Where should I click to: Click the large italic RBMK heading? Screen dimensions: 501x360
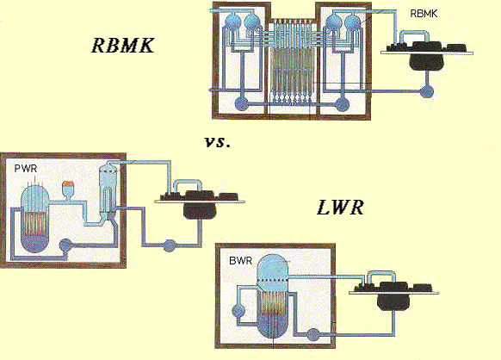pyautogui.click(x=123, y=45)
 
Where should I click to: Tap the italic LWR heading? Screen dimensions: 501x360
pyautogui.click(x=340, y=208)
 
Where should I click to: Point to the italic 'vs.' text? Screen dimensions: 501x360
pyautogui.click(x=217, y=141)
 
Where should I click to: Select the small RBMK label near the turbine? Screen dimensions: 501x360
pyautogui.click(x=424, y=14)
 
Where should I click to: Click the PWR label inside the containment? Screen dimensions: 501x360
pyautogui.click(x=26, y=169)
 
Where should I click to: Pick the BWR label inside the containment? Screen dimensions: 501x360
pyautogui.click(x=240, y=261)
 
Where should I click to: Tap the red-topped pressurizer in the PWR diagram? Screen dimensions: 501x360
pyautogui.click(x=68, y=189)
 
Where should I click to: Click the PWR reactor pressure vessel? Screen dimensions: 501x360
pyautogui.click(x=34, y=220)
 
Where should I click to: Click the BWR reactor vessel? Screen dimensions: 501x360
pyautogui.click(x=273, y=296)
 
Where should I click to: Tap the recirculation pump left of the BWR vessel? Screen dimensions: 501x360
pyautogui.click(x=238, y=310)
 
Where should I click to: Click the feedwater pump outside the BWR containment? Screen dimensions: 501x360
pyautogui.click(x=313, y=334)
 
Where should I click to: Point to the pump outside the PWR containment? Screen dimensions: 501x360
pyautogui.click(x=169, y=245)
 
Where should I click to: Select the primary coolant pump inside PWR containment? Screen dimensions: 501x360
pyautogui.click(x=65, y=245)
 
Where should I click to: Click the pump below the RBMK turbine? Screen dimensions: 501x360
pyautogui.click(x=427, y=91)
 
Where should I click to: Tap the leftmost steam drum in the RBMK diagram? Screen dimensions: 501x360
pyautogui.click(x=233, y=22)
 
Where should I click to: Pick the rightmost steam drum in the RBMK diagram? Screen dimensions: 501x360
pyautogui.click(x=353, y=22)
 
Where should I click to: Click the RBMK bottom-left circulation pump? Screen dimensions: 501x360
pyautogui.click(x=242, y=103)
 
